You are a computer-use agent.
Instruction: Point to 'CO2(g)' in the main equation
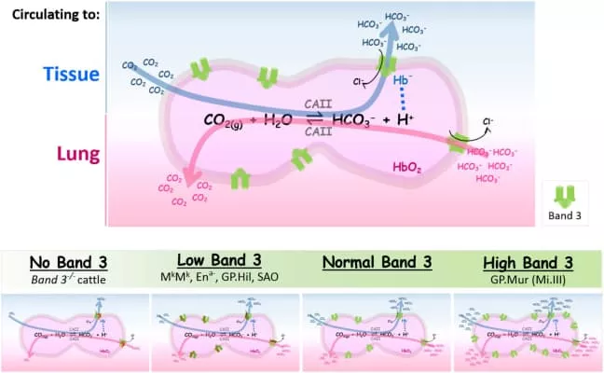click(x=227, y=121)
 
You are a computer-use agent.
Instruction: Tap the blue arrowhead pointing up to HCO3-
click(x=396, y=31)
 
